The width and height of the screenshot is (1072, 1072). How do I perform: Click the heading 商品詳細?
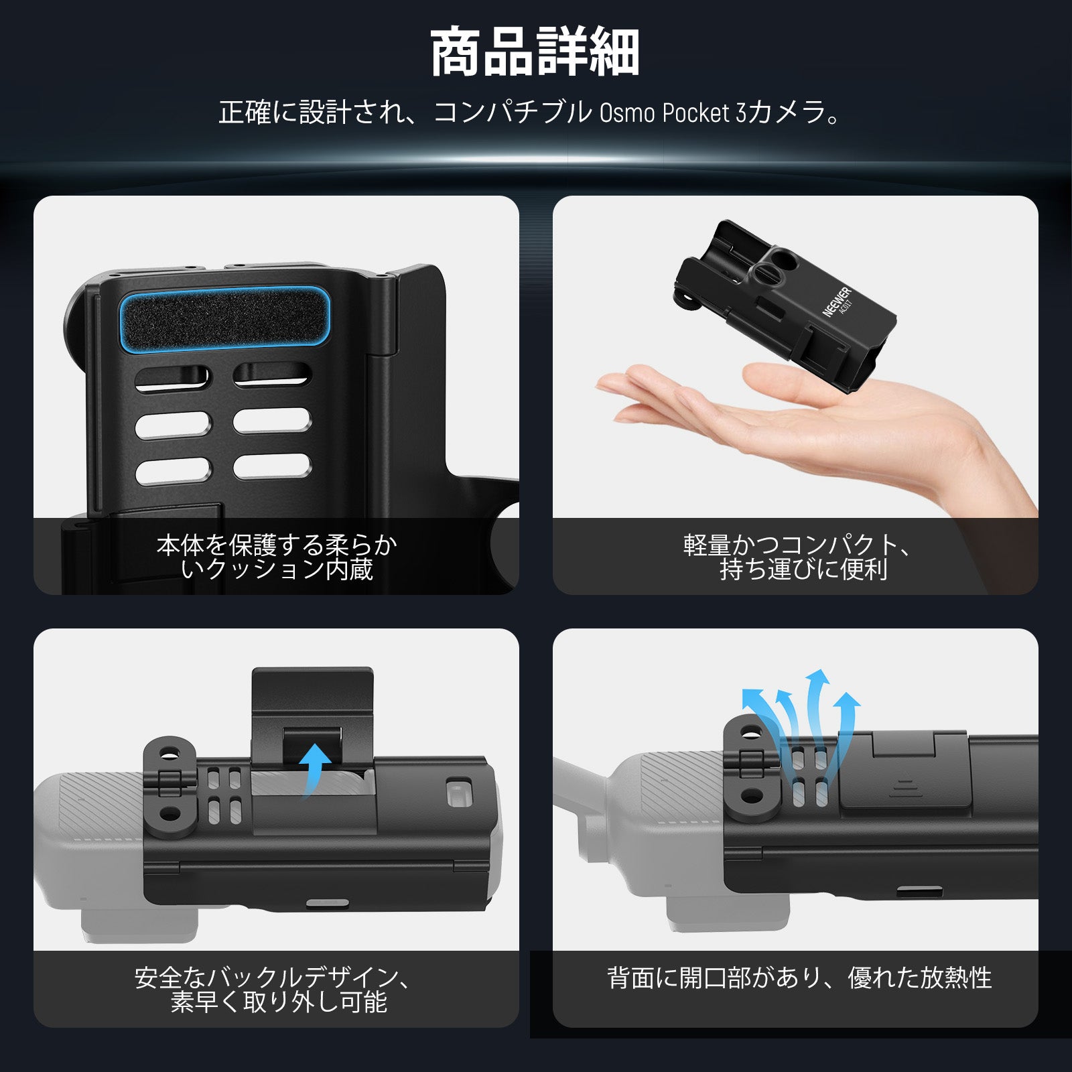click(535, 52)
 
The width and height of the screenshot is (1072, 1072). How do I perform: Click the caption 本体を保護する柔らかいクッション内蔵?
click(277, 557)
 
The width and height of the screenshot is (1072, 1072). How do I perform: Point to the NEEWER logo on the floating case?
click(836, 301)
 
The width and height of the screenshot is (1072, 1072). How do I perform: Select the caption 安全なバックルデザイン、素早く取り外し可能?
click(273, 990)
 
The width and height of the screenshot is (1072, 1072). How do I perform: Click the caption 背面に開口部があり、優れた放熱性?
click(799, 978)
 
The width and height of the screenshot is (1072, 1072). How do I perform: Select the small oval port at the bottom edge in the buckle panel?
click(327, 903)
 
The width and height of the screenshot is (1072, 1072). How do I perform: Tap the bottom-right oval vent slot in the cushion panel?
click(272, 466)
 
